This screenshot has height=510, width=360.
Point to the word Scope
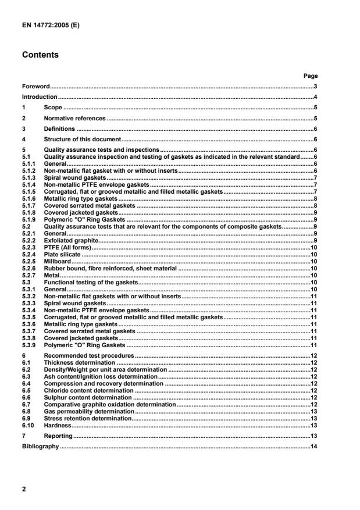pyautogui.click(x=53, y=108)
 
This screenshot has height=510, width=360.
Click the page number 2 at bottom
pyautogui.click(x=23, y=490)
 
